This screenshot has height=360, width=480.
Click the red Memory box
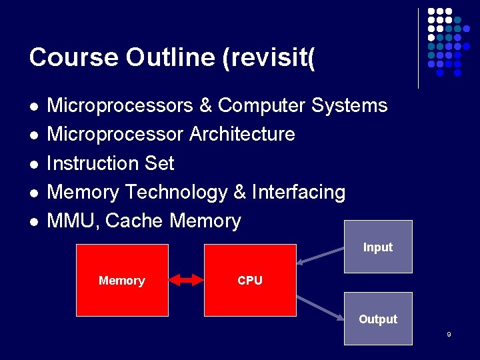point(122,280)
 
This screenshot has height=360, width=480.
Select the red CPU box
point(250,280)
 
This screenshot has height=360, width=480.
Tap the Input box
point(378,247)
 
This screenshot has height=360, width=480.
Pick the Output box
point(378,319)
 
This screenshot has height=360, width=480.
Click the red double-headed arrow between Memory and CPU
point(186,280)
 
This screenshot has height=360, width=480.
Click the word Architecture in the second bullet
point(242,134)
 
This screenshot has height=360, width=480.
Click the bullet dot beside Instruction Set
point(33,164)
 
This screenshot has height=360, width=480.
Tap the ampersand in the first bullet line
point(205,105)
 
